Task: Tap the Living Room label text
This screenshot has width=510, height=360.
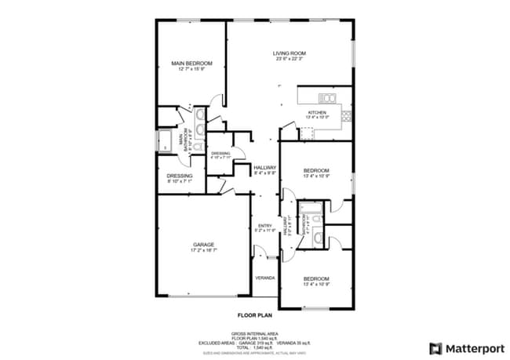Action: coord(289,53)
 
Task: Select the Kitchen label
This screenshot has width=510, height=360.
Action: coord(316,112)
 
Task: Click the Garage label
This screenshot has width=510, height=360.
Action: coord(203,245)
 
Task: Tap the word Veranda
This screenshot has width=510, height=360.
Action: coord(264,278)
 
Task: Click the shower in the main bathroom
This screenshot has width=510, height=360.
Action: coord(166,141)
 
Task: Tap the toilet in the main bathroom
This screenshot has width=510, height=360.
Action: coord(197,146)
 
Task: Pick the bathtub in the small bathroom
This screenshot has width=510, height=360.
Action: coord(313,207)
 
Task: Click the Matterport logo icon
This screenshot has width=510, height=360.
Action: coord(435,347)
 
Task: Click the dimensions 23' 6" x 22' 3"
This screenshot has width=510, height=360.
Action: coord(289,59)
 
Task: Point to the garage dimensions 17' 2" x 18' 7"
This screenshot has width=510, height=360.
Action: coord(203,251)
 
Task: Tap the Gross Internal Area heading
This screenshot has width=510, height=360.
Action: coord(255,333)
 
